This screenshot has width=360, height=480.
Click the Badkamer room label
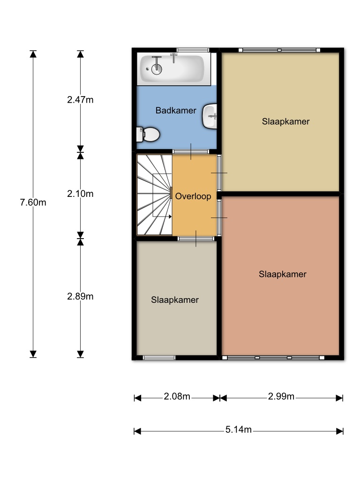(x=176, y=110)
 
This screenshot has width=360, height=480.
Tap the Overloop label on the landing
(x=193, y=196)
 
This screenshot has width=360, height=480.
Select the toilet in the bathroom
(x=148, y=135)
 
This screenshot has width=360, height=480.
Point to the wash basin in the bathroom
(x=210, y=116)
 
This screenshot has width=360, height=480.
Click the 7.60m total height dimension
(x=33, y=202)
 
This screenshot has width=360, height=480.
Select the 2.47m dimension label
(x=80, y=100)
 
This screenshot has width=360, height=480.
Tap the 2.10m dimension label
(x=80, y=194)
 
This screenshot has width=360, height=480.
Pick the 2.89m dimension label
(x=80, y=296)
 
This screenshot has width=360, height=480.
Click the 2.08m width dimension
(x=177, y=397)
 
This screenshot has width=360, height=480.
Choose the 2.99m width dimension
(x=281, y=397)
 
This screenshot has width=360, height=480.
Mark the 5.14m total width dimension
(x=239, y=429)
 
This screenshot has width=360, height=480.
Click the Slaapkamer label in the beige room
(x=285, y=121)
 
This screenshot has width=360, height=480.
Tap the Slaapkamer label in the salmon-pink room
(x=283, y=274)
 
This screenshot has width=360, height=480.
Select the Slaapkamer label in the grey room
(x=175, y=300)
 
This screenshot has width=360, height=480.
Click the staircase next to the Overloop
(x=154, y=195)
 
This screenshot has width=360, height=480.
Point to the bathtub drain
(x=148, y=69)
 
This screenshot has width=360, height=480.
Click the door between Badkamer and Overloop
(x=191, y=151)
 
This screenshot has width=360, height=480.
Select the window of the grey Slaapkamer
(x=159, y=358)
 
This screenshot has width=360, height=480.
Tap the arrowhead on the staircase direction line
(x=170, y=217)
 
